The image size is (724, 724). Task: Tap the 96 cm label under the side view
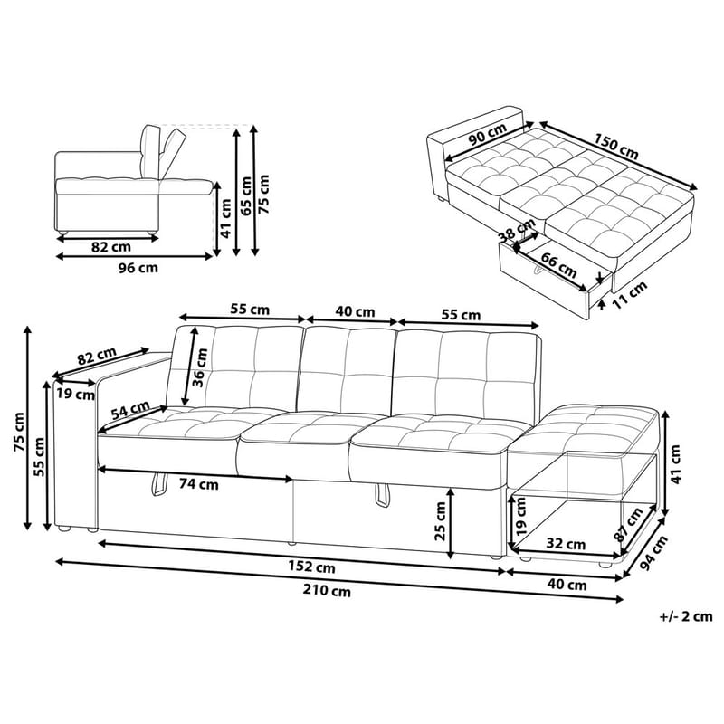[x=137, y=268]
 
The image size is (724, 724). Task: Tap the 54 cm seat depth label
[x=131, y=410]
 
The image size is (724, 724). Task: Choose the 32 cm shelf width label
[x=566, y=544]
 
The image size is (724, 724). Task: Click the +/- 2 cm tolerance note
[x=686, y=617]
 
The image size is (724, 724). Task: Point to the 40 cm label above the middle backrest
[x=355, y=311]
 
